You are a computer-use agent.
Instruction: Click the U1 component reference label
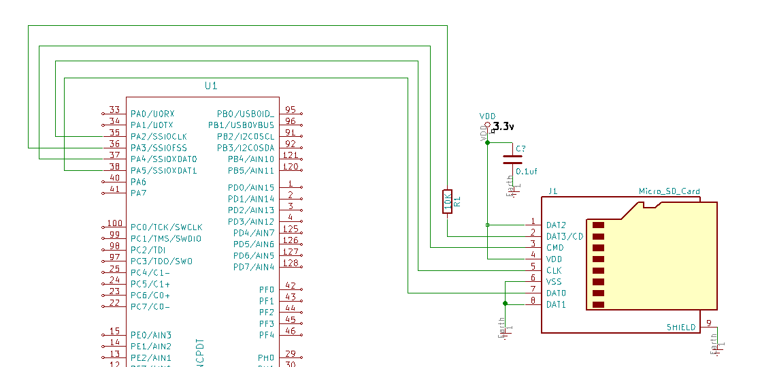coord(211,86)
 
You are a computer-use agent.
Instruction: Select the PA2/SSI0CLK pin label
coord(159,136)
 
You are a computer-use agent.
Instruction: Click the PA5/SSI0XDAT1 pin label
coord(163,170)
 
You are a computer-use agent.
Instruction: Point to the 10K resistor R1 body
coord(447,202)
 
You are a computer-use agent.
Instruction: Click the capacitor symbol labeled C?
coord(512,160)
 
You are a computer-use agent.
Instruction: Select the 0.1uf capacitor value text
coord(527,172)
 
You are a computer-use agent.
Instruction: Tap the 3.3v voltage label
coord(503,127)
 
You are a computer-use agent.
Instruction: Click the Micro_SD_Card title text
coord(669,191)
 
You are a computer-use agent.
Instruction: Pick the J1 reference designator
coord(552,191)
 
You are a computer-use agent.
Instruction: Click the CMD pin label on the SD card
coord(555,248)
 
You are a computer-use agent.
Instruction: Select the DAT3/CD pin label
coord(565,236)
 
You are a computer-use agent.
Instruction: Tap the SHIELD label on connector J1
coord(681,328)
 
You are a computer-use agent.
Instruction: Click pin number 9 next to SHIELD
coord(708,323)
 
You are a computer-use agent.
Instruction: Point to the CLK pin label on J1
coord(554,270)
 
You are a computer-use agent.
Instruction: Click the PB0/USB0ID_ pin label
coord(246,114)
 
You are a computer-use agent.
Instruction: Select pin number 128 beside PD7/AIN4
coord(291,263)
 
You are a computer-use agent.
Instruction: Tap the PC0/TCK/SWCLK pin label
coord(167,227)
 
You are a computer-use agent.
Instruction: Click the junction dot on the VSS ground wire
coord(505,304)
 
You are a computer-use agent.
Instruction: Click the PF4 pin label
coord(266,335)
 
